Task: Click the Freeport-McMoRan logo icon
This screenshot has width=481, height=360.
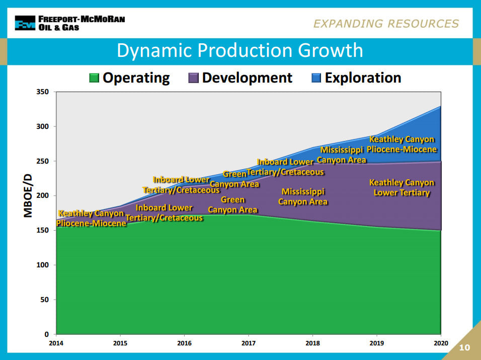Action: (x=25, y=23)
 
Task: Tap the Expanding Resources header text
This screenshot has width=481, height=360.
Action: (x=386, y=24)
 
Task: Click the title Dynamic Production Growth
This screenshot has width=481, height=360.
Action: (x=240, y=50)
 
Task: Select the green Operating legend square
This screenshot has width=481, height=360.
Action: (x=94, y=78)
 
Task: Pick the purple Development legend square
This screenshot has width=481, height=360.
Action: (x=193, y=78)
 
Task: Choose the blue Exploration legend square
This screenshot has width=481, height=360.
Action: (x=316, y=78)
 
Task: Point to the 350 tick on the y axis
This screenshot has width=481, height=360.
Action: (x=43, y=92)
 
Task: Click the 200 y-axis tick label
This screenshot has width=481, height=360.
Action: (x=43, y=195)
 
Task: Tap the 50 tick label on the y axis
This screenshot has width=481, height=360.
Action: (x=45, y=300)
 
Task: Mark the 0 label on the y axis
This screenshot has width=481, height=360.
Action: (x=47, y=334)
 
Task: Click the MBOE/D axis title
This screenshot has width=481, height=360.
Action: (x=28, y=195)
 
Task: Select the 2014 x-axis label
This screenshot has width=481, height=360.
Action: (x=56, y=343)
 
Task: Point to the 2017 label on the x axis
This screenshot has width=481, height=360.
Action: (x=249, y=343)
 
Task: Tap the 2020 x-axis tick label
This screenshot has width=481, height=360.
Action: (x=441, y=343)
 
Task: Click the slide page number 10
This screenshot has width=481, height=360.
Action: (x=464, y=347)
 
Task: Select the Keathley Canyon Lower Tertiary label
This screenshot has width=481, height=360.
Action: (x=402, y=187)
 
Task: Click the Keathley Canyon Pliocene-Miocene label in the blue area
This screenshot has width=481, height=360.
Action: (x=402, y=144)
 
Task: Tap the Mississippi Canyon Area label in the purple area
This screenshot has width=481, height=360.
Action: (x=303, y=197)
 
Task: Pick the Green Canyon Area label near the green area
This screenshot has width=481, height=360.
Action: (x=232, y=205)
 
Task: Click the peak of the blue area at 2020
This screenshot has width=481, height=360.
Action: (x=441, y=106)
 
